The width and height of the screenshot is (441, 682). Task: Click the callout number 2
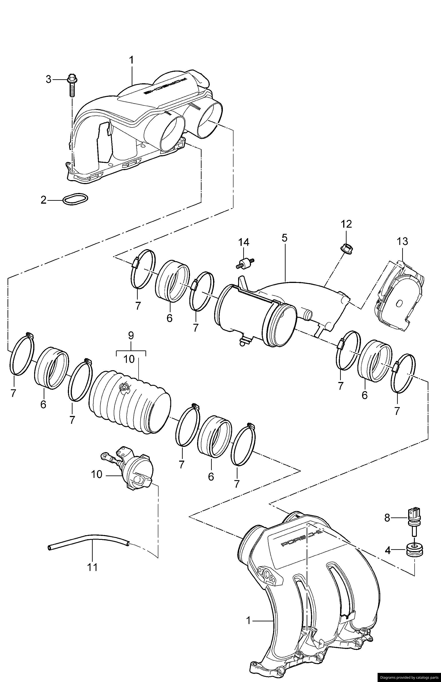[43, 200]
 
